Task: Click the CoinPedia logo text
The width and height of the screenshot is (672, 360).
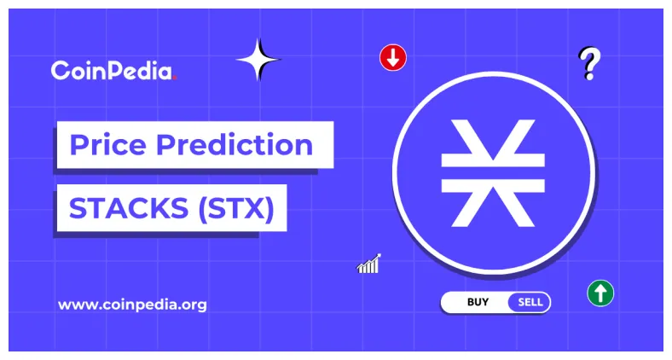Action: pos(111,71)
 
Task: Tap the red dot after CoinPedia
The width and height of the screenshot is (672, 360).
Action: pos(175,78)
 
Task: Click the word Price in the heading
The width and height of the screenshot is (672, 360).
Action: pos(108,145)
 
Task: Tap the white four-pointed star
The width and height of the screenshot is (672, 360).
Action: pos(258,60)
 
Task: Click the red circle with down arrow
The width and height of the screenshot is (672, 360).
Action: pos(393,58)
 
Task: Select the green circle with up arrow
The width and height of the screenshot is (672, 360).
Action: pos(600,293)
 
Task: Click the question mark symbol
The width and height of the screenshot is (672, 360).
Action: pos(588,62)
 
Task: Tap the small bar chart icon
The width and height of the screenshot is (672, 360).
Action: pos(368,264)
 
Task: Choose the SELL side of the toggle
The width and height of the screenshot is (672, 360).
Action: pos(530,302)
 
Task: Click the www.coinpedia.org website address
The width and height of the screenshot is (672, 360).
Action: pos(132,304)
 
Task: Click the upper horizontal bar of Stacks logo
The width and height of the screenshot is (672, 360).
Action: pos(492,160)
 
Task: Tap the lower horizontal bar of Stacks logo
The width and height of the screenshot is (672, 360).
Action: pos(492,183)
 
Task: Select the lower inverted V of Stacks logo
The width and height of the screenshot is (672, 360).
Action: pos(492,207)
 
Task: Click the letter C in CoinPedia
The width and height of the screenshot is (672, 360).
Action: pos(61,72)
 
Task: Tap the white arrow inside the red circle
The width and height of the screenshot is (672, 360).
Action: pos(393,58)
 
